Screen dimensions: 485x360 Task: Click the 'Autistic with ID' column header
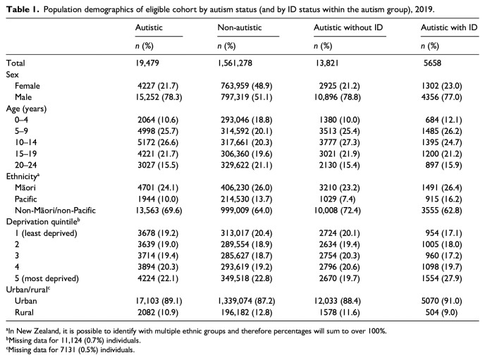pyautogui.click(x=449, y=27)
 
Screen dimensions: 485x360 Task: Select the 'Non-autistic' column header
pyautogui.click(x=240, y=27)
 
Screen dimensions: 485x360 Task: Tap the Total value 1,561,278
pyautogui.click(x=235, y=63)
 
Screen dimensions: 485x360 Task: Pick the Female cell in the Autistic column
pyautogui.click(x=158, y=86)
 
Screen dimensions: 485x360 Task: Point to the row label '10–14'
pyautogui.click(x=25, y=142)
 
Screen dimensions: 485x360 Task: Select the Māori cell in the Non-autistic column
pyautogui.click(x=247, y=188)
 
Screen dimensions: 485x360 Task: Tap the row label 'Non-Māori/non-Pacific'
pyautogui.click(x=55, y=211)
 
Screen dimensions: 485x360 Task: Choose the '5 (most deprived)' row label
pyautogui.click(x=47, y=278)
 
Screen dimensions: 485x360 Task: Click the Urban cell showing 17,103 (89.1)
pyautogui.click(x=159, y=301)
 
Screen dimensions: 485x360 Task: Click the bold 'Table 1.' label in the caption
pyautogui.click(x=23, y=9)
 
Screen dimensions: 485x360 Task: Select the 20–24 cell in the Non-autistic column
pyautogui.click(x=247, y=166)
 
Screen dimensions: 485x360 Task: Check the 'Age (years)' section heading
pyautogui.click(x=26, y=108)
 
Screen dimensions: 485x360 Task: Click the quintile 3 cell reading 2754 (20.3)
pyautogui.click(x=340, y=256)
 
